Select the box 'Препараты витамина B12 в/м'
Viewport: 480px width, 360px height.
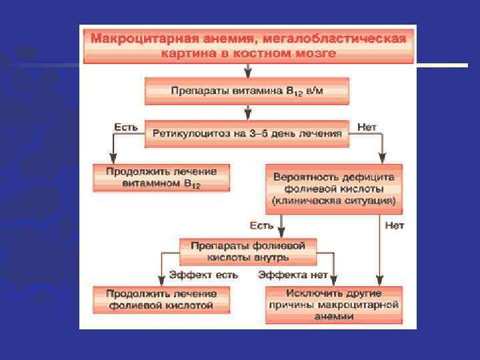[x=247, y=91]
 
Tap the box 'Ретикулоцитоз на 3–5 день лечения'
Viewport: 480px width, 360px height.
[x=247, y=133]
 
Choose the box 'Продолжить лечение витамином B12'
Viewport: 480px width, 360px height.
[x=162, y=177]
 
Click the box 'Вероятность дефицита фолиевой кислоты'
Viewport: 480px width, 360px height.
[x=334, y=189]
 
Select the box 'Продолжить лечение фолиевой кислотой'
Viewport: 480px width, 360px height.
[x=162, y=299]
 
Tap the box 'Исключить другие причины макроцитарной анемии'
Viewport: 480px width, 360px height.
[x=334, y=305]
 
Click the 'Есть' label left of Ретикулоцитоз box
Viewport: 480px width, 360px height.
[x=125, y=126]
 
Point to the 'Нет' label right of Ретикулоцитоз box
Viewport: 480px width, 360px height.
[x=367, y=126]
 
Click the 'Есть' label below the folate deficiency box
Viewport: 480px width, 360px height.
[x=261, y=225]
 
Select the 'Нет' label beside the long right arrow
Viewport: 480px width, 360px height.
[x=395, y=225]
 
